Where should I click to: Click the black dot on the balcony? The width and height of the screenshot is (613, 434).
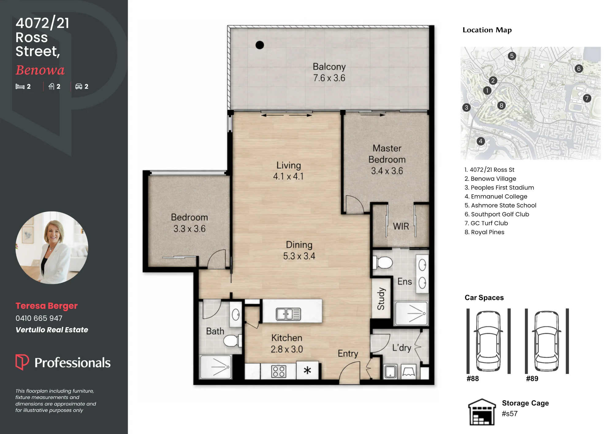[260, 45]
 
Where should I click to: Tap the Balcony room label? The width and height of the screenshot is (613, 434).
[329, 67]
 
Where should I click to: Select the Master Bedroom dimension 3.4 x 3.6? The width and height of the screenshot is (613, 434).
[387, 171]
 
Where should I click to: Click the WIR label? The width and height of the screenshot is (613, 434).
[401, 226]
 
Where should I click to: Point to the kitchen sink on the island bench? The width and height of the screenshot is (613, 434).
[288, 314]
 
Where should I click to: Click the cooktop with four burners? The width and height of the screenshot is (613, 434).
[279, 371]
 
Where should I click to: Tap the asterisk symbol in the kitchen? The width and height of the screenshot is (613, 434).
[307, 370]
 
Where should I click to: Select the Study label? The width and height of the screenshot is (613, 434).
[381, 299]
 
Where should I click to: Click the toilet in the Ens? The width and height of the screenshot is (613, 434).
[383, 263]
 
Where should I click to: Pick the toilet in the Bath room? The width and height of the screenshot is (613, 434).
[233, 341]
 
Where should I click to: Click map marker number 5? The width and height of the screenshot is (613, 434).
[512, 56]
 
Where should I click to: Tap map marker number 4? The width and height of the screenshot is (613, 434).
[481, 141]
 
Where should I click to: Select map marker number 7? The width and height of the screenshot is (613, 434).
[587, 98]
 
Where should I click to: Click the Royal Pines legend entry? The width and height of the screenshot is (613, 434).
[484, 232]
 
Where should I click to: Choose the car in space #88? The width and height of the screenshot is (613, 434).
[488, 341]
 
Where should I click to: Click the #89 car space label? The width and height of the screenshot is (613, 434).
[532, 379]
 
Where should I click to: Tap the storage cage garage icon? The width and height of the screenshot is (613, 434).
[482, 412]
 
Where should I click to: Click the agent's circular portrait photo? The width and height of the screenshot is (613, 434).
[52, 247]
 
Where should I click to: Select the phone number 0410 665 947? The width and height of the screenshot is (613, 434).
[39, 318]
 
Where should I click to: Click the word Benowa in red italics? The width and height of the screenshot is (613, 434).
[40, 70]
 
